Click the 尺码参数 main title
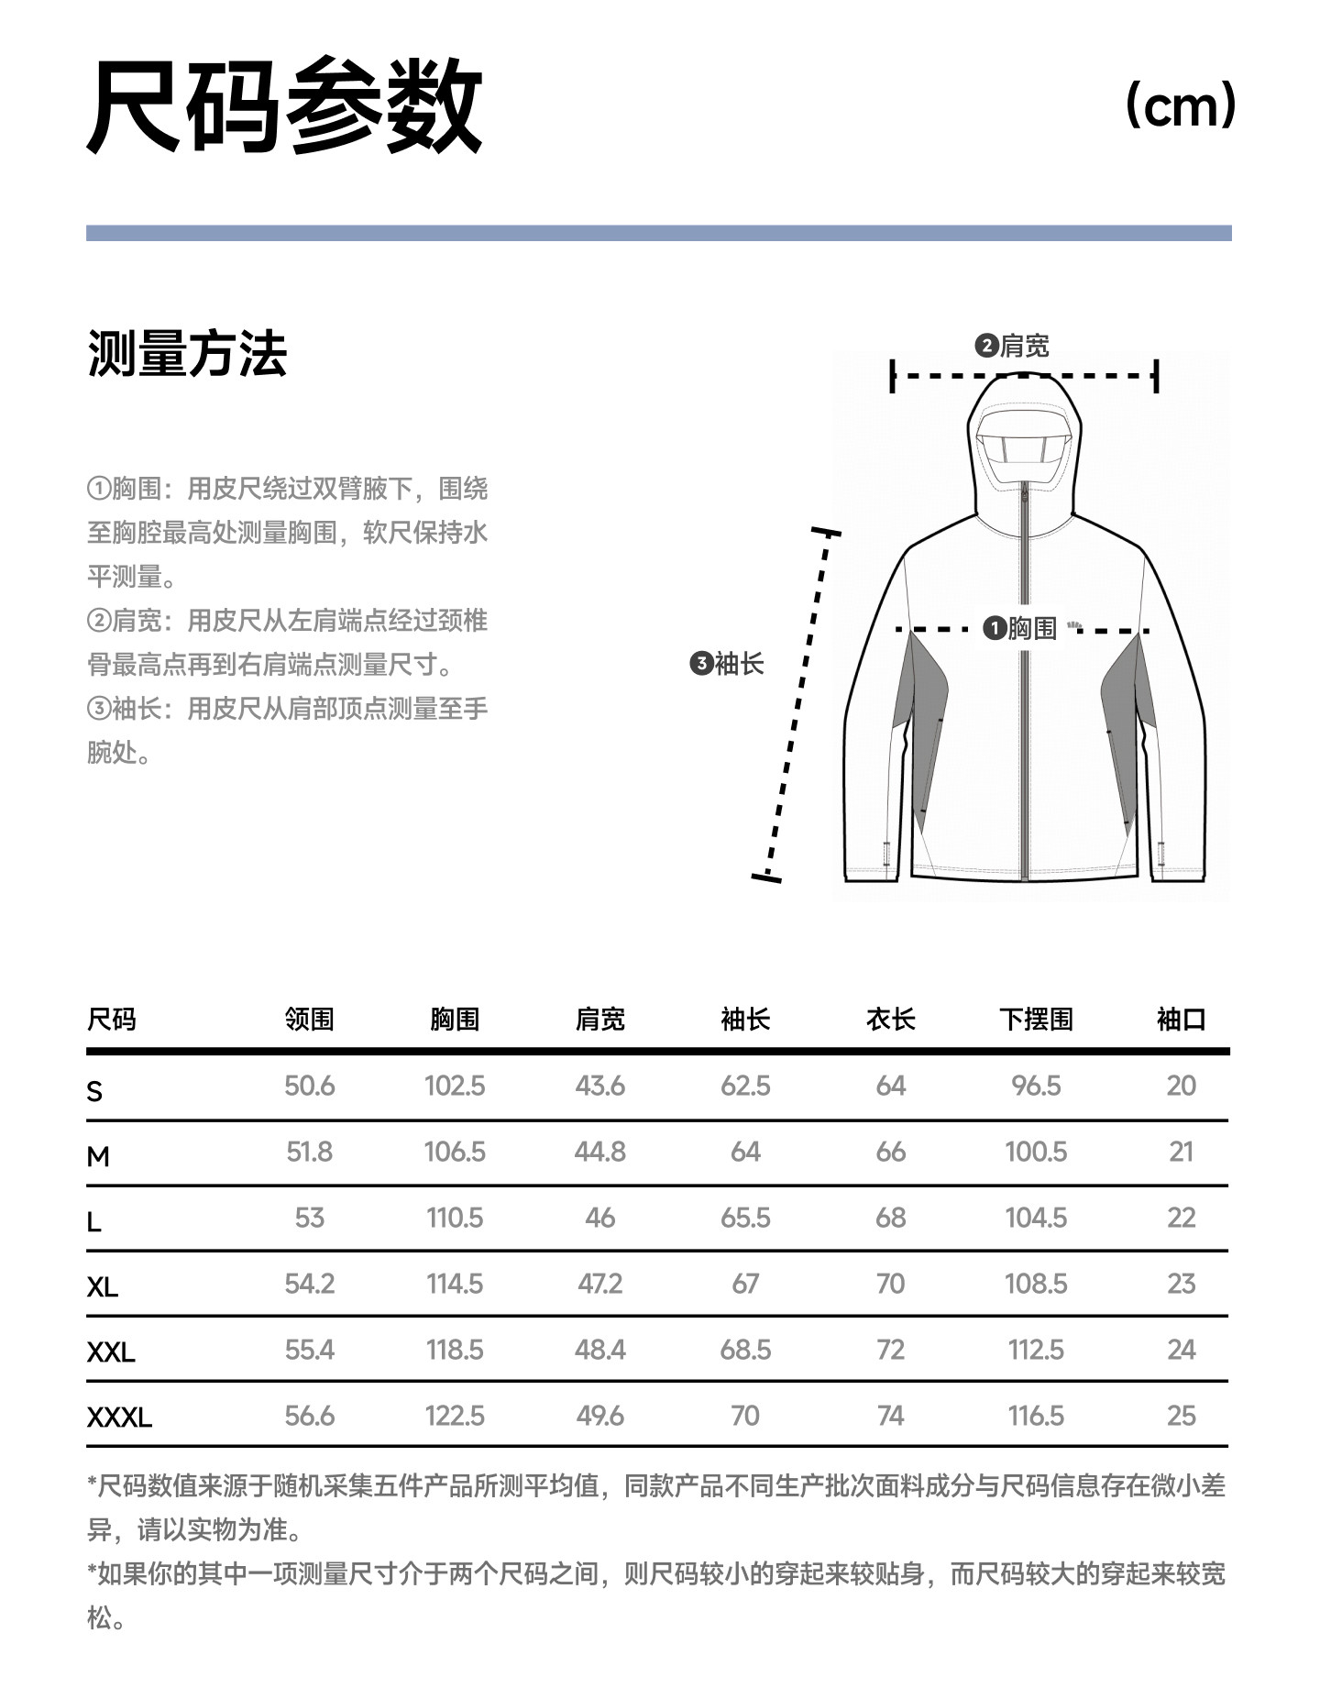[284, 105]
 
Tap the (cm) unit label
[1180, 105]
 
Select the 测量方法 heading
[187, 353]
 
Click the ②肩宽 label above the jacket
[1012, 346]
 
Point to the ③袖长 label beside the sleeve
[727, 663]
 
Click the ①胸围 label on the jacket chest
[1020, 628]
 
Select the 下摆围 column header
[1036, 1019]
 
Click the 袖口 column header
[1181, 1019]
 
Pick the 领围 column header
[309, 1019]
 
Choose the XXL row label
[111, 1351]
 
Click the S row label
[94, 1091]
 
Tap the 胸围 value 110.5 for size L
[455, 1218]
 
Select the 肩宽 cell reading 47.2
[599, 1284]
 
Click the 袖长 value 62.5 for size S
[745, 1086]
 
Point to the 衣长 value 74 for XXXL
[890, 1416]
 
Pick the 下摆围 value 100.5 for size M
[1036, 1152]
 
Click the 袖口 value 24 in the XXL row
[1181, 1350]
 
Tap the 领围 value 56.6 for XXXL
[309, 1416]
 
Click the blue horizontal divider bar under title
[658, 233]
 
